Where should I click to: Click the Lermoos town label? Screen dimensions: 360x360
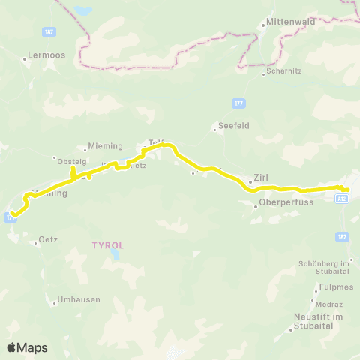point(42,55)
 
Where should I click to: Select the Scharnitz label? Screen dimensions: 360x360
point(281,73)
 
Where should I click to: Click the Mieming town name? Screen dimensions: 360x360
point(99,147)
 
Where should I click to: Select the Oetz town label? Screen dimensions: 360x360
point(49,241)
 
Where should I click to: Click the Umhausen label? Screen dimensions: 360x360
point(78,299)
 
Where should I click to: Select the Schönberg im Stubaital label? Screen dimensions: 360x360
point(325,267)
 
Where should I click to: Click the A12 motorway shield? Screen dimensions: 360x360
point(342,199)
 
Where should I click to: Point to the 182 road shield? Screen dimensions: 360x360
point(343,236)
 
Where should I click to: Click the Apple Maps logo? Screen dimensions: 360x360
point(27,347)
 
